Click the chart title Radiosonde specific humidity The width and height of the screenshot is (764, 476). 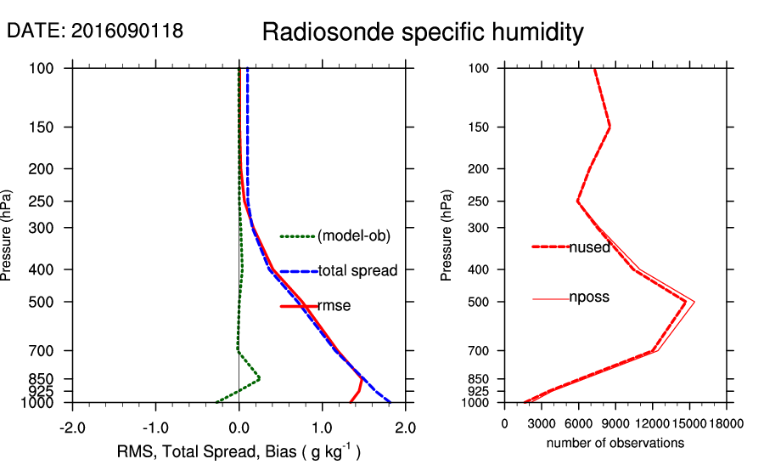pyautogui.click(x=423, y=33)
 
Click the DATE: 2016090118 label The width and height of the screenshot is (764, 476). pyautogui.click(x=94, y=31)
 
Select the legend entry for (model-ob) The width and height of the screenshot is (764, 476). pyautogui.click(x=353, y=236)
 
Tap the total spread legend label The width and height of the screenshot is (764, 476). pyautogui.click(x=357, y=271)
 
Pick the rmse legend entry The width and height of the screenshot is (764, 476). pyautogui.click(x=334, y=305)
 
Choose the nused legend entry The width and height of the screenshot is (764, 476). pyautogui.click(x=589, y=247)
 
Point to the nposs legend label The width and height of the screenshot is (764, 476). pyautogui.click(x=589, y=297)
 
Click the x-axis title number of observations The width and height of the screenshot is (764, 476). pyautogui.click(x=615, y=443)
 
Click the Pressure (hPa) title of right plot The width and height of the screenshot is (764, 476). pyautogui.click(x=447, y=235)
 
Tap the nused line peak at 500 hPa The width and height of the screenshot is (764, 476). pyautogui.click(x=685, y=302)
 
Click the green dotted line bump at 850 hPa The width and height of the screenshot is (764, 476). pyautogui.click(x=259, y=378)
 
